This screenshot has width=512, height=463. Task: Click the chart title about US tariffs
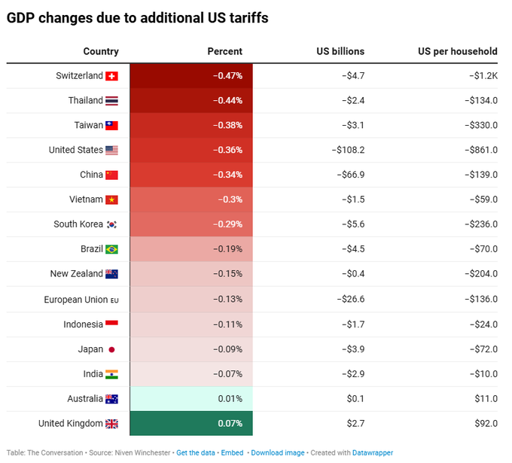point(137,18)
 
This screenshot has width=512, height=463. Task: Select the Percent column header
point(224,51)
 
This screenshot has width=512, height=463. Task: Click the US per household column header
point(457,51)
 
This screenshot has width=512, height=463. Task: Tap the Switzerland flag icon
point(111,76)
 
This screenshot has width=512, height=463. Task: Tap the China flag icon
point(111,175)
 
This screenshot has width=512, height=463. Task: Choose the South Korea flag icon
point(111,224)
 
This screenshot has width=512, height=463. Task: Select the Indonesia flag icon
point(111,324)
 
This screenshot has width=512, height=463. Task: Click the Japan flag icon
point(111,349)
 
